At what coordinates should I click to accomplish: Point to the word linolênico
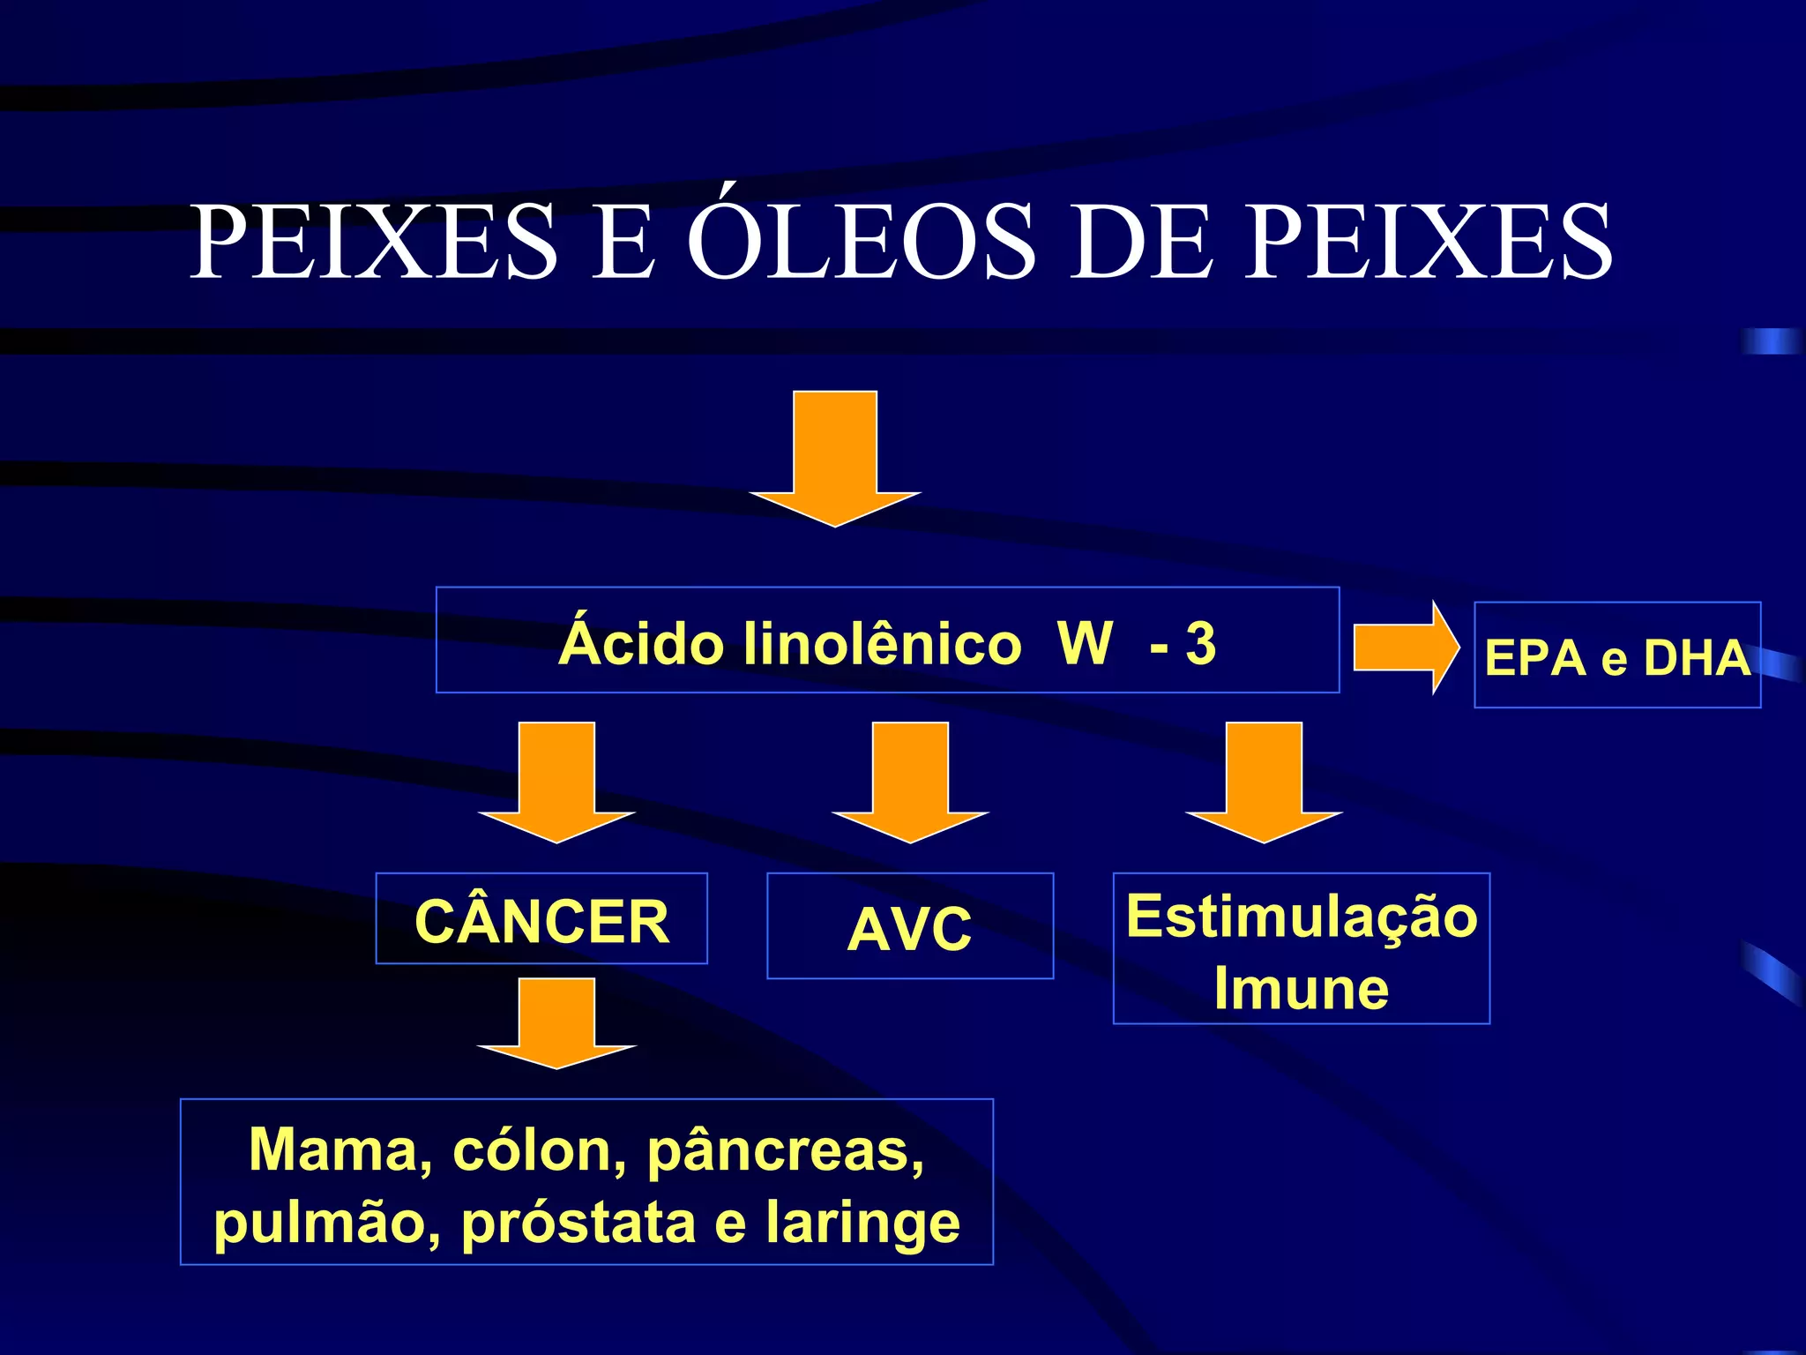(882, 644)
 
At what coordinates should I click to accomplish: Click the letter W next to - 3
(1085, 644)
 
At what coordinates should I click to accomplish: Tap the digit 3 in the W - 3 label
(1201, 644)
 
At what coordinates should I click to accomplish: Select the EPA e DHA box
(1616, 656)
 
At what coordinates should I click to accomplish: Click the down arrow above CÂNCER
(556, 781)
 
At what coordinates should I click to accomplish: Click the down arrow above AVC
(910, 781)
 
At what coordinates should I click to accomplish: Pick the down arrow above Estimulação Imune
(1264, 781)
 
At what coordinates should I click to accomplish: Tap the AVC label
(909, 929)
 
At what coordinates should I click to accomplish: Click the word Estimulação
(1301, 917)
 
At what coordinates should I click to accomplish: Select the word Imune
(1301, 989)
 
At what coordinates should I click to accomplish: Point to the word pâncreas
(785, 1151)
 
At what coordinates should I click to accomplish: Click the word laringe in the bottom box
(862, 1224)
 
